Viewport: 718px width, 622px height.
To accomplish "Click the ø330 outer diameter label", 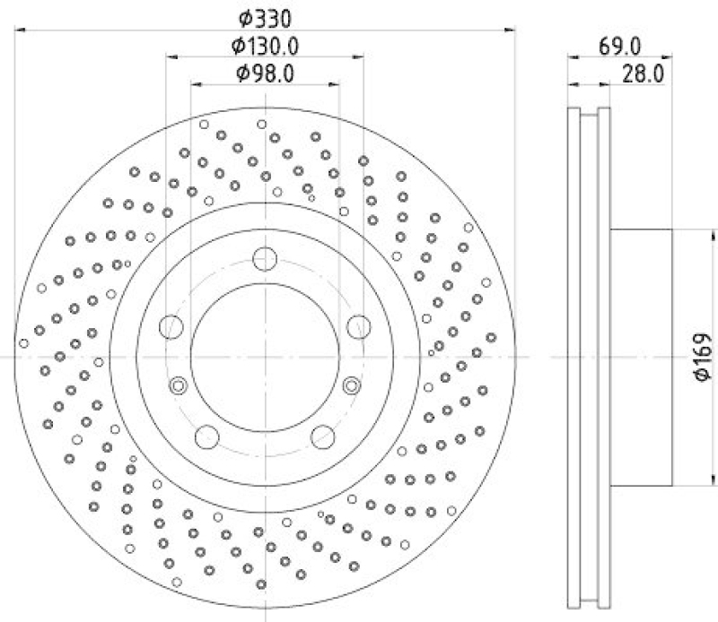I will click(265, 18).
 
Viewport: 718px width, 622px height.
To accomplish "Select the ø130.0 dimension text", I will click(265, 46).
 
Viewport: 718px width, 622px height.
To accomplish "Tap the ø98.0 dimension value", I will click(265, 73).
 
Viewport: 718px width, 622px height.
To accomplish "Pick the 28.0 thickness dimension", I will click(642, 73).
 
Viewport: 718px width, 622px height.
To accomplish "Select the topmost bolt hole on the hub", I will click(265, 259).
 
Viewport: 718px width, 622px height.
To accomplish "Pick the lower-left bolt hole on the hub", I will click(207, 436).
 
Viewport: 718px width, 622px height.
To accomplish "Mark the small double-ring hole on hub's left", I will click(178, 385).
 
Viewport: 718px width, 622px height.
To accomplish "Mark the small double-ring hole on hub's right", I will click(352, 385).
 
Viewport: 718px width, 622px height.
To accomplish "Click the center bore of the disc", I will click(265, 358).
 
